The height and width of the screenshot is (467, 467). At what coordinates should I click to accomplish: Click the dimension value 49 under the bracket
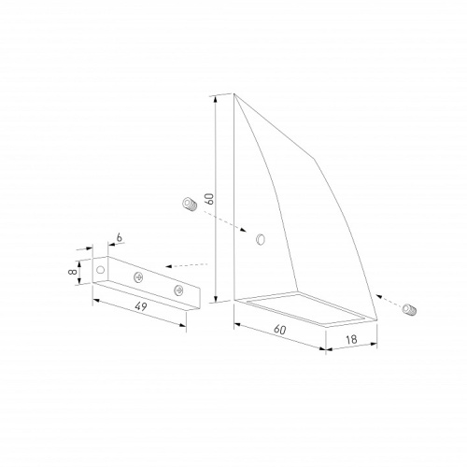point(141,306)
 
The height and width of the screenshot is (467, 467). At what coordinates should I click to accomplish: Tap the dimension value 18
point(351,339)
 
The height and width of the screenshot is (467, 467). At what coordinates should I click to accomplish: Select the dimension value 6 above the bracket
point(119,237)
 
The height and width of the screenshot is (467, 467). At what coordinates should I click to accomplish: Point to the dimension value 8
point(73,272)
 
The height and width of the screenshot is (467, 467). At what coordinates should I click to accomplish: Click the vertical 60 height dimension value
point(210,199)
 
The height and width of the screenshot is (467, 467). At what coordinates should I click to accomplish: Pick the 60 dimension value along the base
point(280,330)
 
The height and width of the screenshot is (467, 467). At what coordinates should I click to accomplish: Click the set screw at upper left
point(190,205)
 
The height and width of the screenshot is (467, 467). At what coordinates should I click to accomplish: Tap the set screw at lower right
point(409,309)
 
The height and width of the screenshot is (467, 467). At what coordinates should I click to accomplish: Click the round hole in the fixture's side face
point(261,239)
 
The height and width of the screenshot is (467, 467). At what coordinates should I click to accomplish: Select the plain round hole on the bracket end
point(100,269)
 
